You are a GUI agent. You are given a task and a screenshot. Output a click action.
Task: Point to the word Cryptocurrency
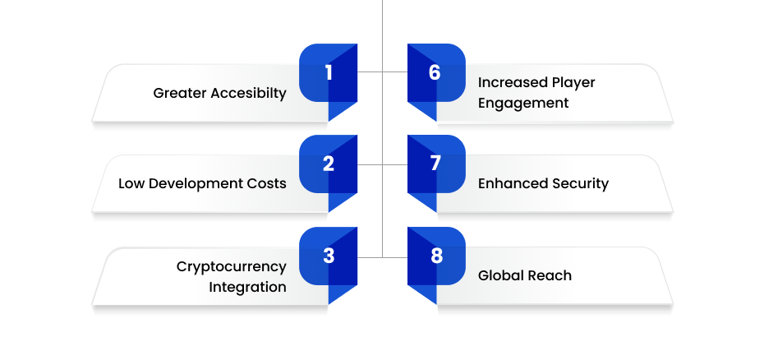pos(232,267)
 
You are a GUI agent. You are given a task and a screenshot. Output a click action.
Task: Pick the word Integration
pos(247,288)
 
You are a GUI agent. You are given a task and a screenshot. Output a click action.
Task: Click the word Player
pos(573,83)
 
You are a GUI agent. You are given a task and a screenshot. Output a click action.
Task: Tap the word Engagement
pos(523,104)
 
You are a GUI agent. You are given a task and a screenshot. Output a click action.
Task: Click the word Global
pos(498,275)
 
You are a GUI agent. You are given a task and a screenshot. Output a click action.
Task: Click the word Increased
pos(513,82)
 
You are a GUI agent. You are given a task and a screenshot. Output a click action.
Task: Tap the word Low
pos(131,184)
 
